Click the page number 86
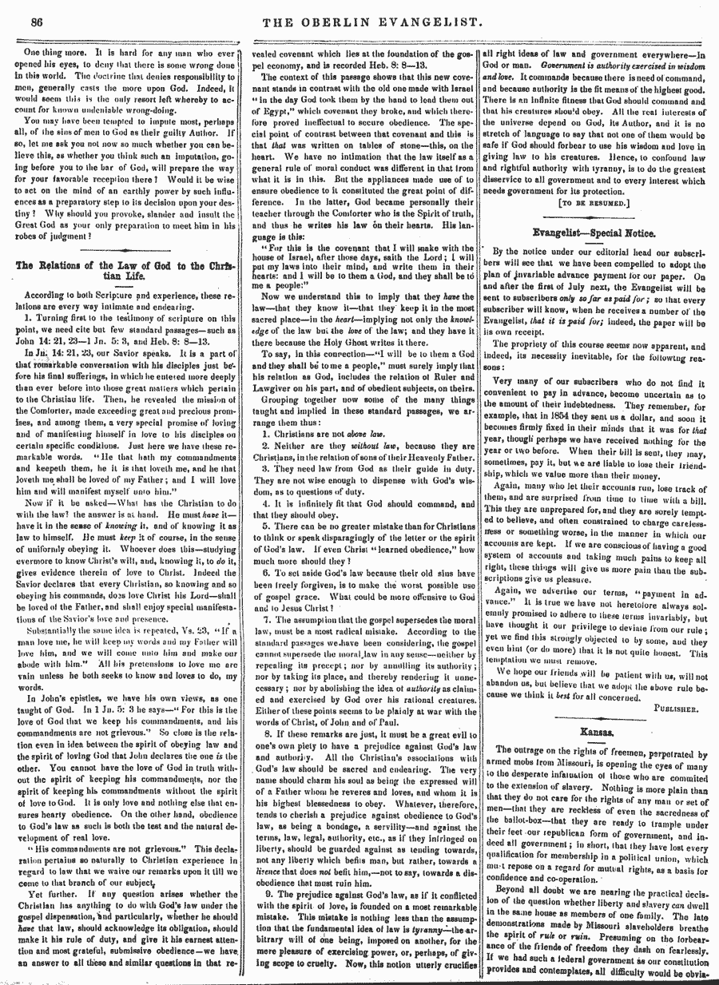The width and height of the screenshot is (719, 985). (36, 22)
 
